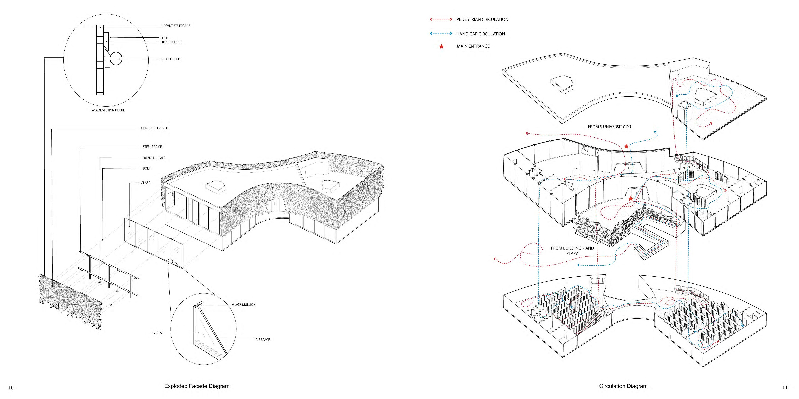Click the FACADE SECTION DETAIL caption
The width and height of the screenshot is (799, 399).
pyautogui.click(x=107, y=110)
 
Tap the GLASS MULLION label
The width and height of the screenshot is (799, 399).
pyautogui.click(x=244, y=305)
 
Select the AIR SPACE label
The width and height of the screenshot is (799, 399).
pyautogui.click(x=262, y=339)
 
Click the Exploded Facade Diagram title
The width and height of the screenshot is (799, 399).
pyautogui.click(x=197, y=386)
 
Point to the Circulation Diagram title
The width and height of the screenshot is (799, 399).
pyautogui.click(x=623, y=386)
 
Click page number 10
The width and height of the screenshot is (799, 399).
pyautogui.click(x=11, y=388)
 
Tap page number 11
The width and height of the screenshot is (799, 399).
pyautogui.click(x=785, y=387)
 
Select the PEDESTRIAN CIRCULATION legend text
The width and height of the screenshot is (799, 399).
pyautogui.click(x=482, y=19)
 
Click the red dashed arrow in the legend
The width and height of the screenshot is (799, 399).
pyautogui.click(x=441, y=19)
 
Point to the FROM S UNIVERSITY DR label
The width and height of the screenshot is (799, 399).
pyautogui.click(x=609, y=127)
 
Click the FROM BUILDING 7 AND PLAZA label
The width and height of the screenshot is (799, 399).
pyautogui.click(x=572, y=251)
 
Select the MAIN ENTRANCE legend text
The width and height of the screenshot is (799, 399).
pyautogui.click(x=473, y=46)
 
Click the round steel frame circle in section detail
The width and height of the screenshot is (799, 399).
pyautogui.click(x=116, y=59)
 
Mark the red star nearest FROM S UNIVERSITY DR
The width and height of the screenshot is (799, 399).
pyautogui.click(x=626, y=146)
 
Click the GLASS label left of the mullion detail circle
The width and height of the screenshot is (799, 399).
pyautogui.click(x=157, y=333)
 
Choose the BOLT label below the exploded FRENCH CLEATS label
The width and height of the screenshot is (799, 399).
pyautogui.click(x=146, y=168)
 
